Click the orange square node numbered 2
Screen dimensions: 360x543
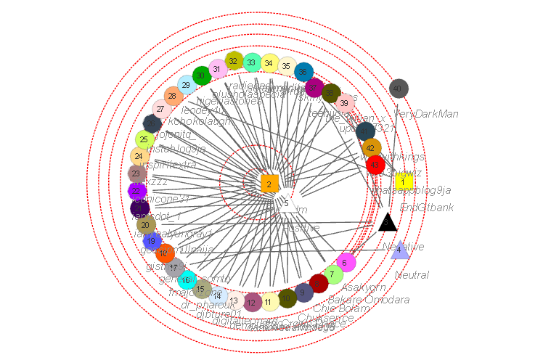(269, 184)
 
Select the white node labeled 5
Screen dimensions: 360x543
(286, 203)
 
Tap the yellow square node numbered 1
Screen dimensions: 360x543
(404, 182)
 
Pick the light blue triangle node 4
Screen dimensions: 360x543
(399, 250)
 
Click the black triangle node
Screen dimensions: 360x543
(388, 222)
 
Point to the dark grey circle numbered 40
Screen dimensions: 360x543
(399, 89)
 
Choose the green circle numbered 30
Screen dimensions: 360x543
(202, 75)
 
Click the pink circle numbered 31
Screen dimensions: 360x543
(217, 69)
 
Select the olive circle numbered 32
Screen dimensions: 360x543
(234, 62)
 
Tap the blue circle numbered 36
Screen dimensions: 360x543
(304, 71)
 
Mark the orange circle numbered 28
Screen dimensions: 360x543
(172, 96)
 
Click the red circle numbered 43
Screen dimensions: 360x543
(375, 165)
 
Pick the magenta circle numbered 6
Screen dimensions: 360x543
(346, 262)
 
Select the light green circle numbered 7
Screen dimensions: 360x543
(333, 274)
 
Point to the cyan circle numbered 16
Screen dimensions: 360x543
(187, 279)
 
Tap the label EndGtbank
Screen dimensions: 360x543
(427, 208)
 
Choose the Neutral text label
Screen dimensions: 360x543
(412, 275)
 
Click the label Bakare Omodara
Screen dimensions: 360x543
(369, 300)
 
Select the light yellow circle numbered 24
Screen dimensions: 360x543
(139, 156)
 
